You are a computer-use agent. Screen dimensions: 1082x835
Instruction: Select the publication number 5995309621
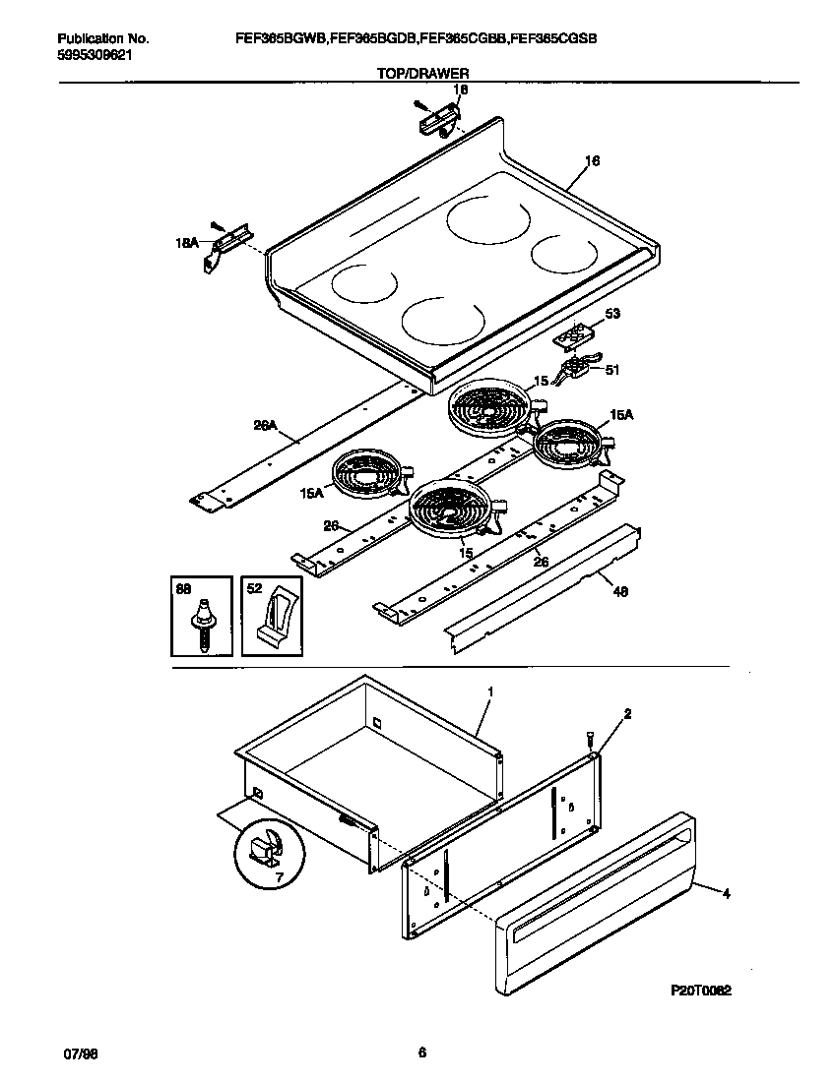coord(96,55)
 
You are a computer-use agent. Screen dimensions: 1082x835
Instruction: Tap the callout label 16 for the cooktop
coord(592,161)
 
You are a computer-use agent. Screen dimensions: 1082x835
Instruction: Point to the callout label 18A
coord(188,240)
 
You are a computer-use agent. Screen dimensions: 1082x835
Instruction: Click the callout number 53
coord(611,315)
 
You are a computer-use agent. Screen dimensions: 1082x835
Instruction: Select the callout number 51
coord(611,370)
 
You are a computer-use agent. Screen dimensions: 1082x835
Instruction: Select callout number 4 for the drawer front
coord(726,894)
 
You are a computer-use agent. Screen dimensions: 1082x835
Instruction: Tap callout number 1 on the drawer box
coord(490,692)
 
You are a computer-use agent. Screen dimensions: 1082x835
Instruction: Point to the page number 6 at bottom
coord(421,1052)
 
